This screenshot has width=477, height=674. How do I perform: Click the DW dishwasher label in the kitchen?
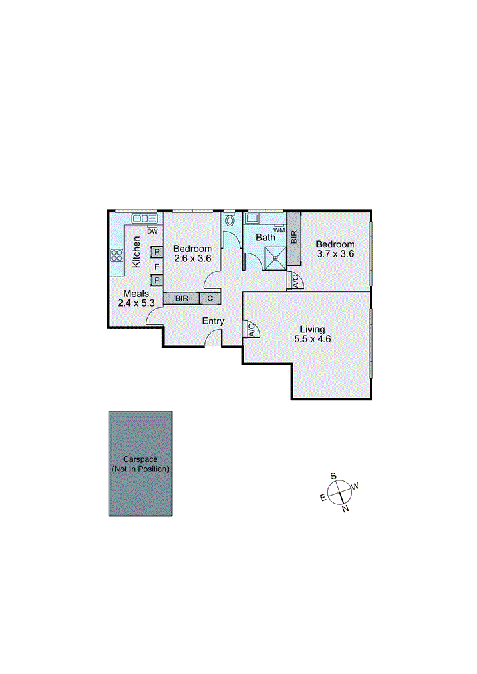(x=152, y=231)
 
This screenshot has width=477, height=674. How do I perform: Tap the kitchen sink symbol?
(x=143, y=219)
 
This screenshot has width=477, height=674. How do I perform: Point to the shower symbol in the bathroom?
(x=275, y=257)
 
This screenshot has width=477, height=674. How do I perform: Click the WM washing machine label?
(x=279, y=230)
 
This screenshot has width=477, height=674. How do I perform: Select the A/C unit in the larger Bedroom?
(x=295, y=281)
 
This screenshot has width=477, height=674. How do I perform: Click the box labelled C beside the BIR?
(x=210, y=298)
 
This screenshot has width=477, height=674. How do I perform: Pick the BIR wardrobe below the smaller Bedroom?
(x=182, y=298)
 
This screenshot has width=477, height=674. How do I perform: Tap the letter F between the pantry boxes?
(x=157, y=267)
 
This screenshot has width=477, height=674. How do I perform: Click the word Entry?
(x=213, y=322)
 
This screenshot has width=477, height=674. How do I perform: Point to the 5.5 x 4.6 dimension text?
(x=312, y=340)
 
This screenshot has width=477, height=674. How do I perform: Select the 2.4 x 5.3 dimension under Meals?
(x=136, y=303)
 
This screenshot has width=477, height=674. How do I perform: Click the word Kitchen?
(x=137, y=251)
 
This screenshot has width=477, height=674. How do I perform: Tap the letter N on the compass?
(x=345, y=508)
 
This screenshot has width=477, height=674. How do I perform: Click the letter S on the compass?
(x=333, y=476)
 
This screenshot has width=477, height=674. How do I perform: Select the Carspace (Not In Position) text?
(x=140, y=464)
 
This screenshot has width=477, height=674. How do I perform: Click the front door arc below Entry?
(x=213, y=339)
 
